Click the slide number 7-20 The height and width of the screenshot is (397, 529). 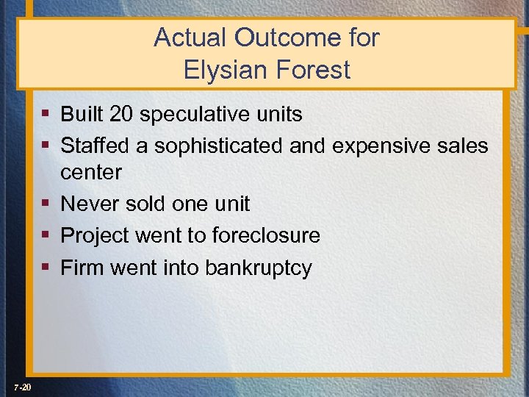tap(21, 387)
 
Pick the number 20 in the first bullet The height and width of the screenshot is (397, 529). tap(123, 115)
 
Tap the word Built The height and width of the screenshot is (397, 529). tap(82, 115)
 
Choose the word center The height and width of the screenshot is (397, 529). tap(91, 173)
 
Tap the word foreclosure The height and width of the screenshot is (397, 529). tap(265, 235)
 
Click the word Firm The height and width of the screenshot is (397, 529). tap(82, 267)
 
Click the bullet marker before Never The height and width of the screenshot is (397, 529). tap(46, 204)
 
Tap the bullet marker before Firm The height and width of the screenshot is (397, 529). tap(46, 267)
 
